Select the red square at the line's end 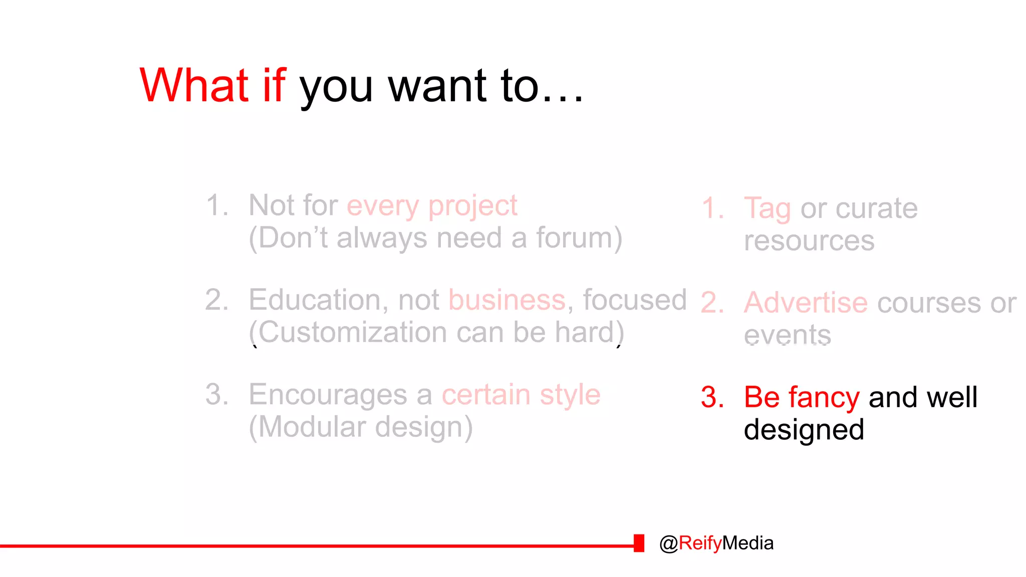point(639,543)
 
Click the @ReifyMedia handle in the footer point(716,543)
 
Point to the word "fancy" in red point(824,398)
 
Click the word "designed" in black point(804,430)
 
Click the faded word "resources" point(809,241)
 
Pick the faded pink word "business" point(506,300)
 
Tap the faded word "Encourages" point(328,395)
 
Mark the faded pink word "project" point(472,206)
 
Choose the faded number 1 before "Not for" point(216,205)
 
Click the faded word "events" point(787,335)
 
